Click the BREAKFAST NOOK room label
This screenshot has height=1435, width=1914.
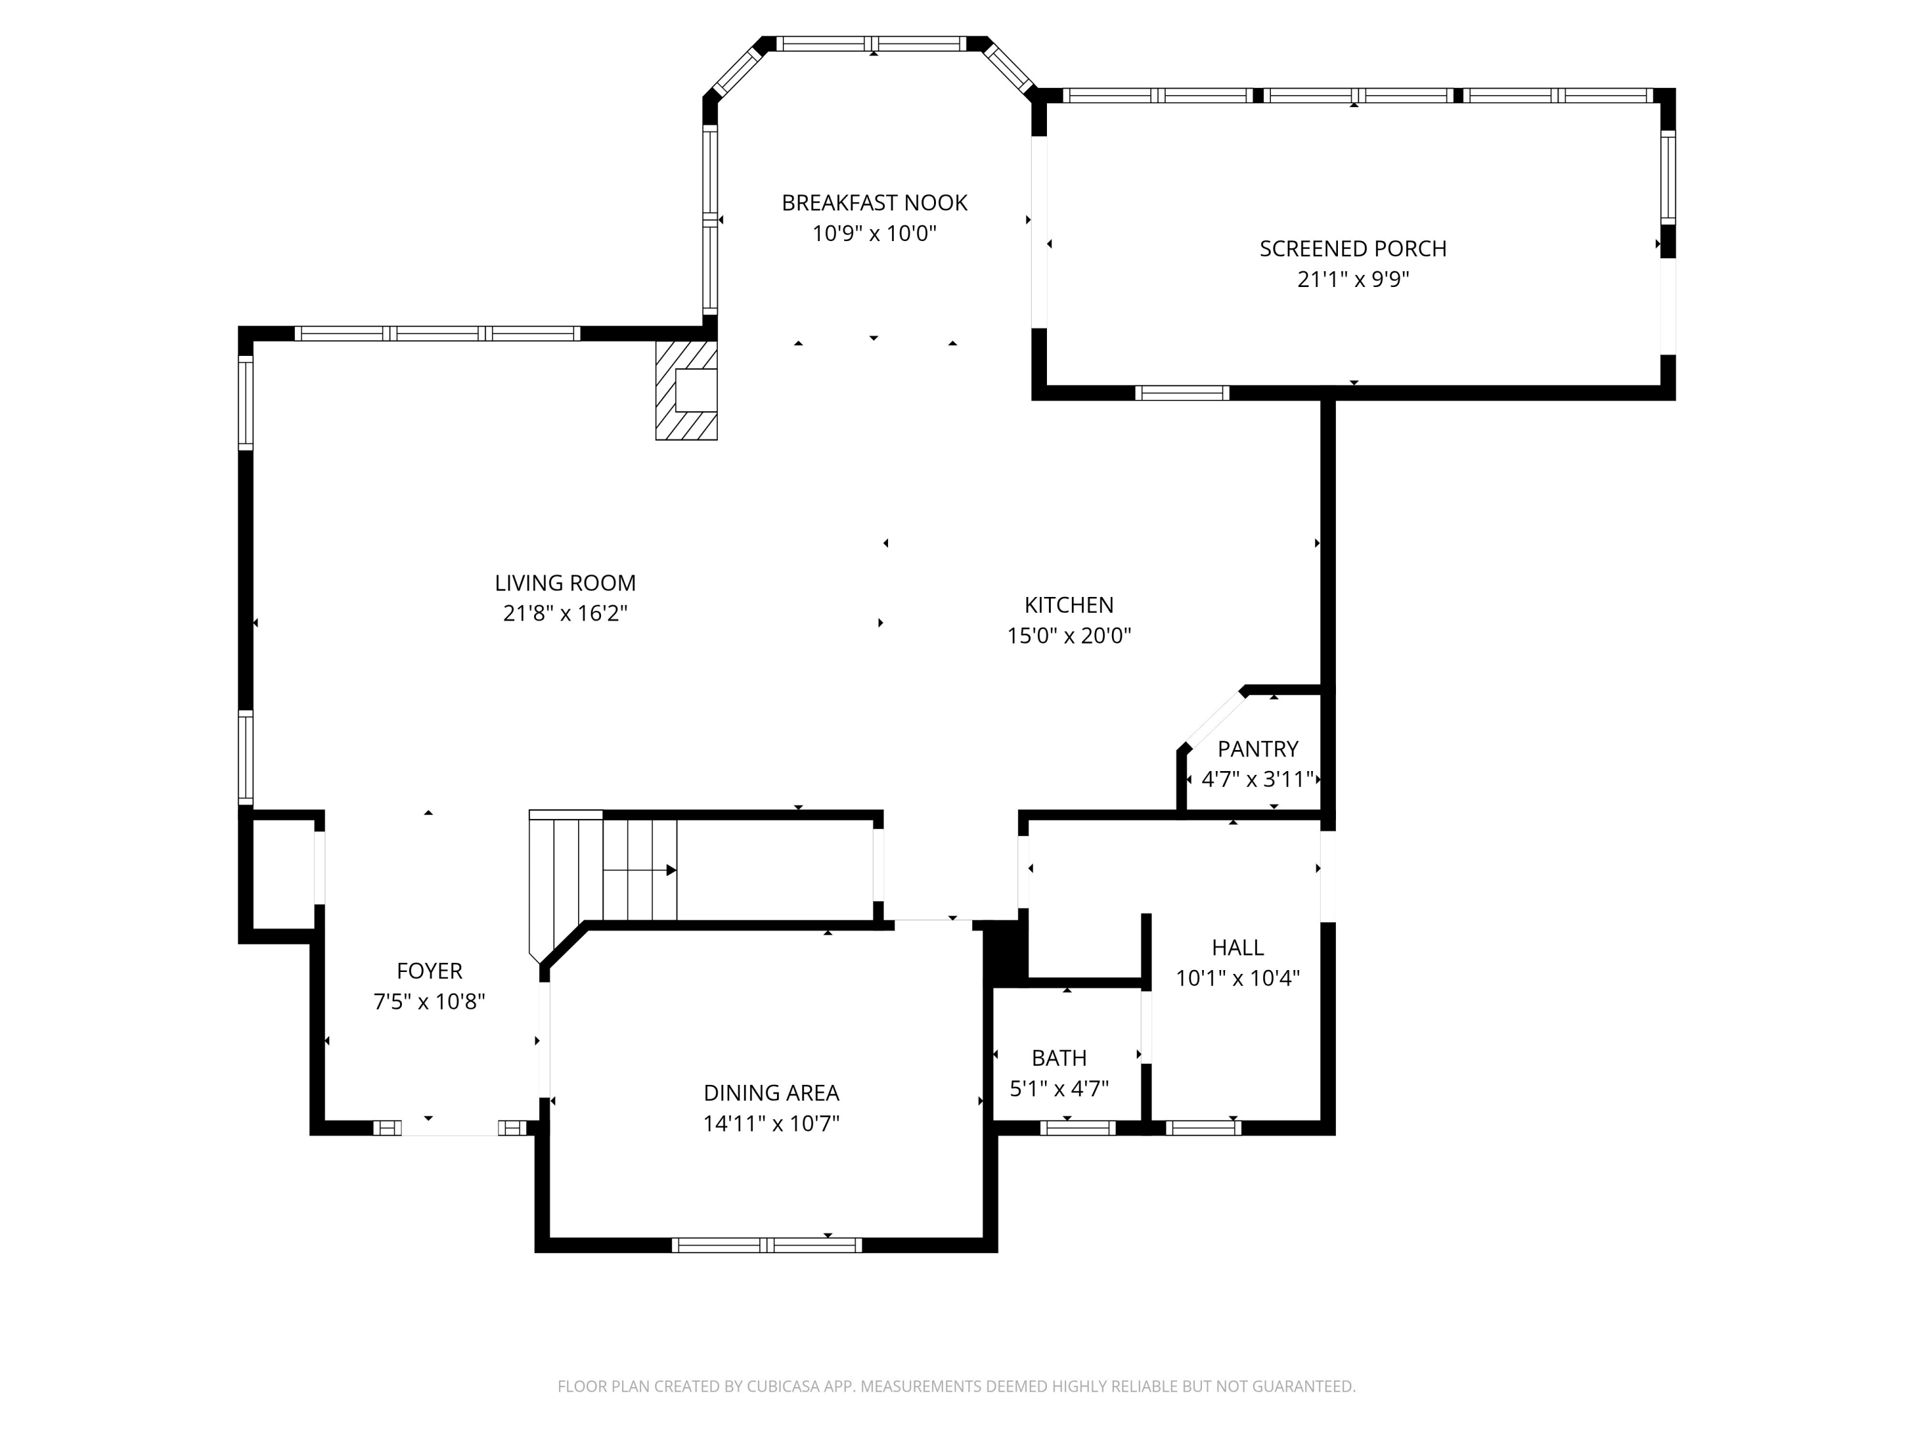click(x=874, y=202)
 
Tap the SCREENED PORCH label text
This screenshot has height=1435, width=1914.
click(x=1353, y=248)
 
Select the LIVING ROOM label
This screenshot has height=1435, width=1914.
click(x=565, y=583)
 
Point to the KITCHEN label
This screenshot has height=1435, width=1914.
click(x=1069, y=605)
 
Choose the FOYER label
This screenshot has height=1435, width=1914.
click(x=429, y=971)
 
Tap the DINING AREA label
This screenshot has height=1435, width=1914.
click(x=771, y=1093)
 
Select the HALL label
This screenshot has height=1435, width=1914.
click(x=1237, y=947)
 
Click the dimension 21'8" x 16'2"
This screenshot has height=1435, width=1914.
click(x=565, y=614)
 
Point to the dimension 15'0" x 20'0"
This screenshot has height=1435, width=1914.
click(x=1069, y=636)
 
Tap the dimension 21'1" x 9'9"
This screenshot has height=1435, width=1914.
click(x=1353, y=279)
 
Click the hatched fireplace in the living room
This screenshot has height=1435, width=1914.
click(x=686, y=390)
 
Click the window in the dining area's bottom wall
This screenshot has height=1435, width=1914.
click(x=767, y=1246)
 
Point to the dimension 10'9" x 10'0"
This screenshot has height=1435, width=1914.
click(x=874, y=233)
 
